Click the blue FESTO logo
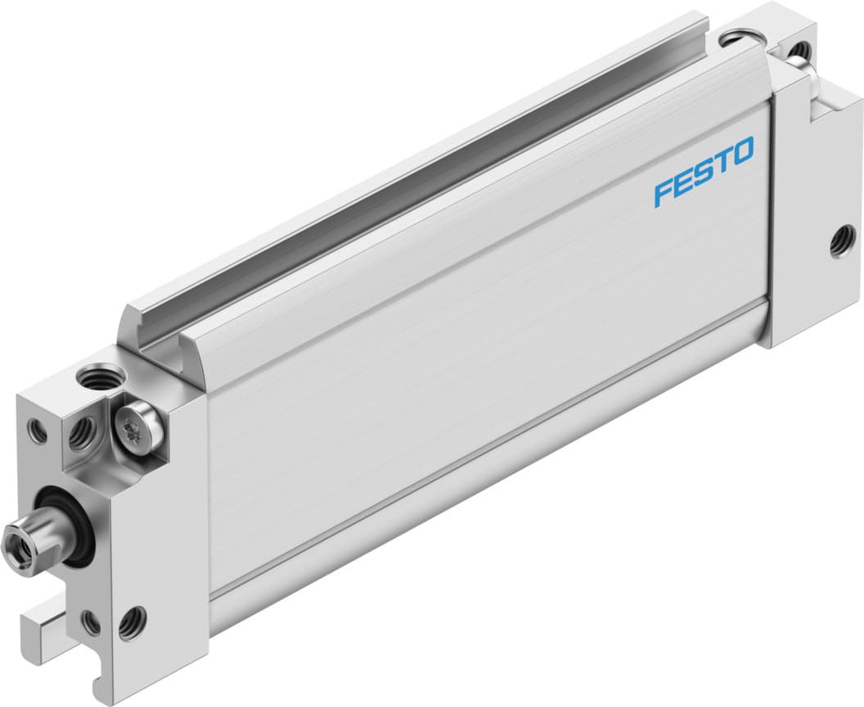(704, 173)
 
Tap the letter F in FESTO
(663, 194)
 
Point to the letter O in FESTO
(742, 153)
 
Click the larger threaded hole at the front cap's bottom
(131, 624)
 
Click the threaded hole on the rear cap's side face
(839, 242)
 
